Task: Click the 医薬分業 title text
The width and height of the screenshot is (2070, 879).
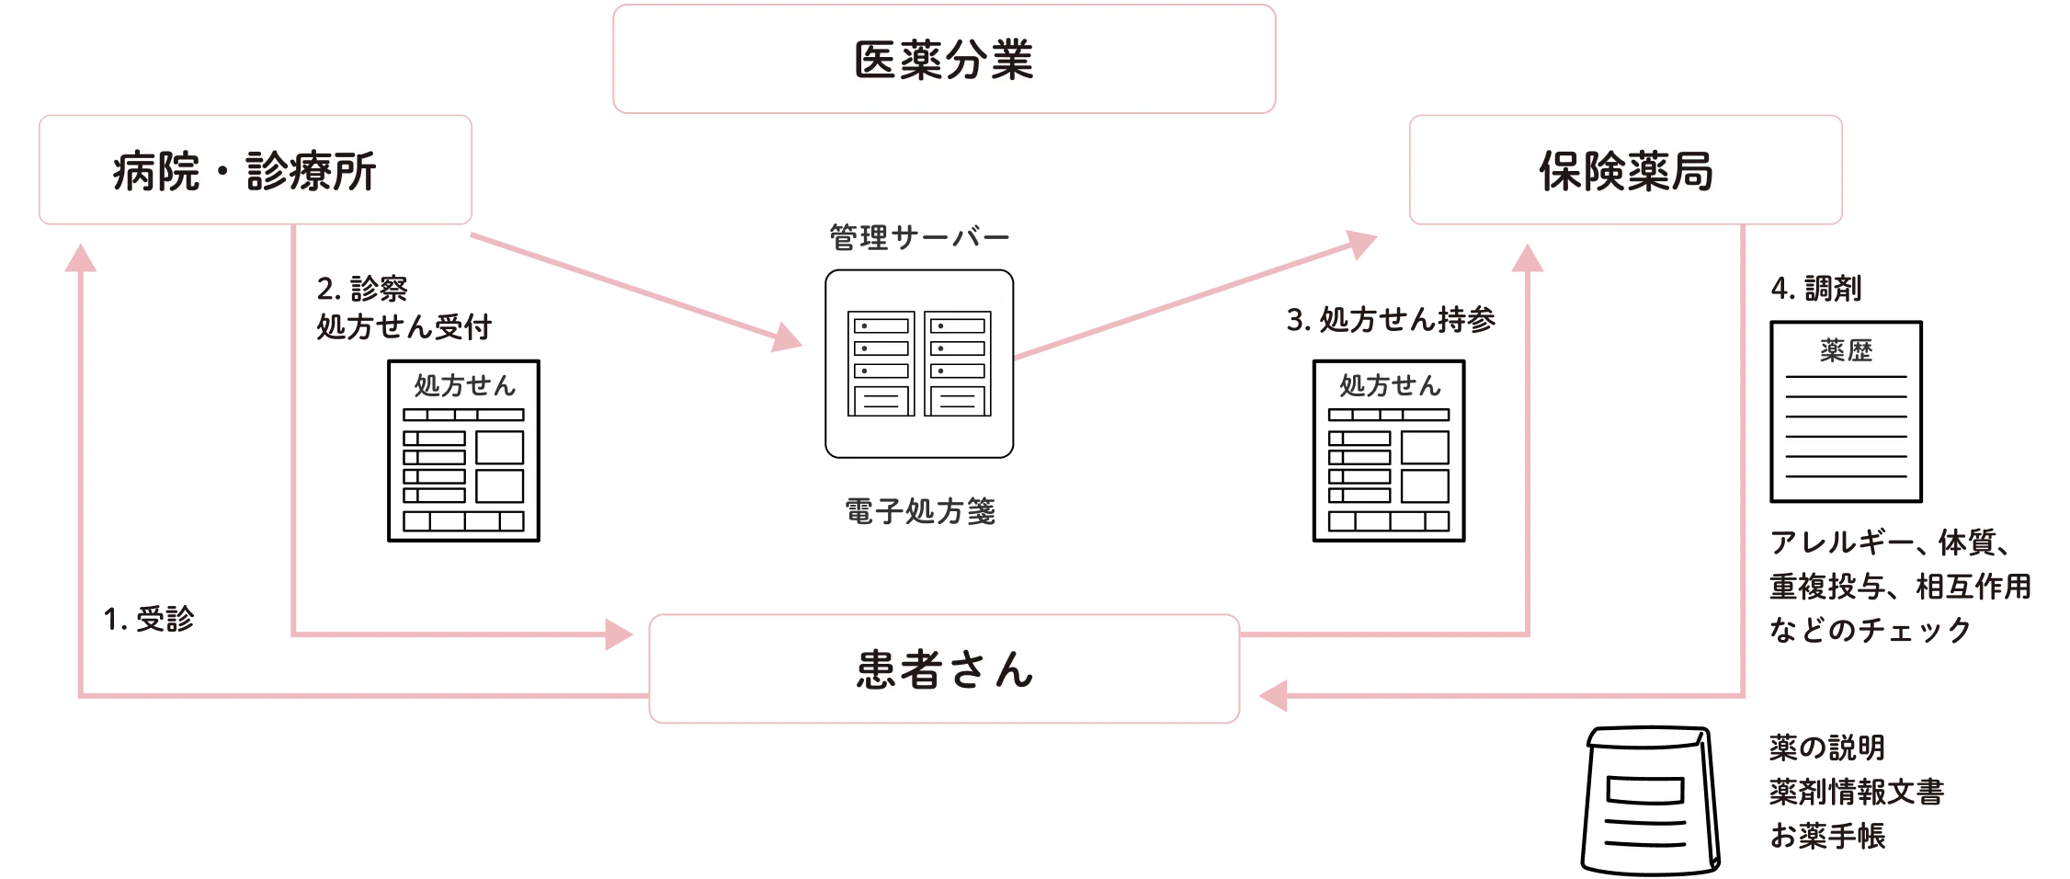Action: tap(944, 61)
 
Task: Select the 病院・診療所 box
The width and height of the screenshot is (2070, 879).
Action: tap(255, 170)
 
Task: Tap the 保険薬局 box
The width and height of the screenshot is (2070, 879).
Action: tap(1625, 170)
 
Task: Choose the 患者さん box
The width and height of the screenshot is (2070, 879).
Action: tap(944, 669)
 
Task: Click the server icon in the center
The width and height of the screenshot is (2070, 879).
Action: tap(919, 363)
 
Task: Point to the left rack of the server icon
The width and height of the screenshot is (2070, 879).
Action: tap(881, 363)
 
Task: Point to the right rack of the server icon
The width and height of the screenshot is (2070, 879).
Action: tap(957, 363)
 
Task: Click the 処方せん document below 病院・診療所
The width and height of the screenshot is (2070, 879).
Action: tap(463, 451)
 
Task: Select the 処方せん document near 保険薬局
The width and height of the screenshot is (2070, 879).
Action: tap(1388, 451)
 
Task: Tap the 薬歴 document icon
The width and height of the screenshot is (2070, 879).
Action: tap(1846, 411)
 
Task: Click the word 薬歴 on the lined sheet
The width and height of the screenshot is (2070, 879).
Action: tap(1846, 350)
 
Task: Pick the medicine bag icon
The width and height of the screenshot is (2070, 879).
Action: tap(1650, 800)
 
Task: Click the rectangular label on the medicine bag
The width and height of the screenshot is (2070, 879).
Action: tap(1644, 791)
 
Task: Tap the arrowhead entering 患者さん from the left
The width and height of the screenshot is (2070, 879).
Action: tap(620, 634)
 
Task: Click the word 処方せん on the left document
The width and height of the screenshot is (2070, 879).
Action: tap(464, 385)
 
